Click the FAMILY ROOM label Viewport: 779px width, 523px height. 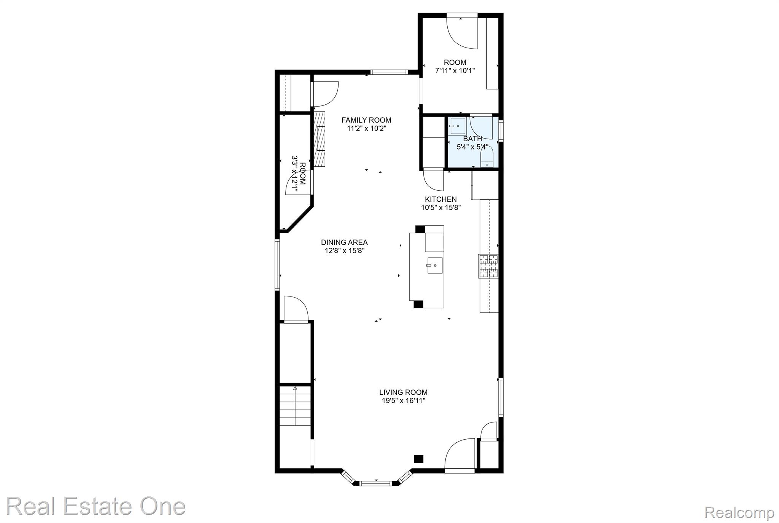pyautogui.click(x=366, y=120)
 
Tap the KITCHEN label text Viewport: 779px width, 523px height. pyautogui.click(x=441, y=199)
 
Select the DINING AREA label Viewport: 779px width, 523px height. pyautogui.click(x=344, y=242)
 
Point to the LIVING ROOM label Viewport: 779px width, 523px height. pyautogui.click(x=403, y=392)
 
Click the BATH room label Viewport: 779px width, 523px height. pyautogui.click(x=472, y=139)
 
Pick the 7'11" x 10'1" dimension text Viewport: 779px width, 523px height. pyautogui.click(x=455, y=71)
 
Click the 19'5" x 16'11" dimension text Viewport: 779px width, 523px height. pyautogui.click(x=404, y=401)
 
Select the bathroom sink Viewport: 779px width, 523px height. pyautogui.click(x=458, y=126)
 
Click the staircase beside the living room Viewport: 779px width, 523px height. pyautogui.click(x=295, y=407)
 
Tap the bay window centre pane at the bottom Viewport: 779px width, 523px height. pyautogui.click(x=375, y=483)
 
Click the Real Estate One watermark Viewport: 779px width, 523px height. pyautogui.click(x=95, y=507)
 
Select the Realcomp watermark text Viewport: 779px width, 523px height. pyautogui.click(x=739, y=513)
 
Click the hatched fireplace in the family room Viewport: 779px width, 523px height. pyautogui.click(x=320, y=139)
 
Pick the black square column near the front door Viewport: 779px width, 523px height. pyautogui.click(x=418, y=459)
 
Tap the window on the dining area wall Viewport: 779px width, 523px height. pyautogui.click(x=277, y=265)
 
